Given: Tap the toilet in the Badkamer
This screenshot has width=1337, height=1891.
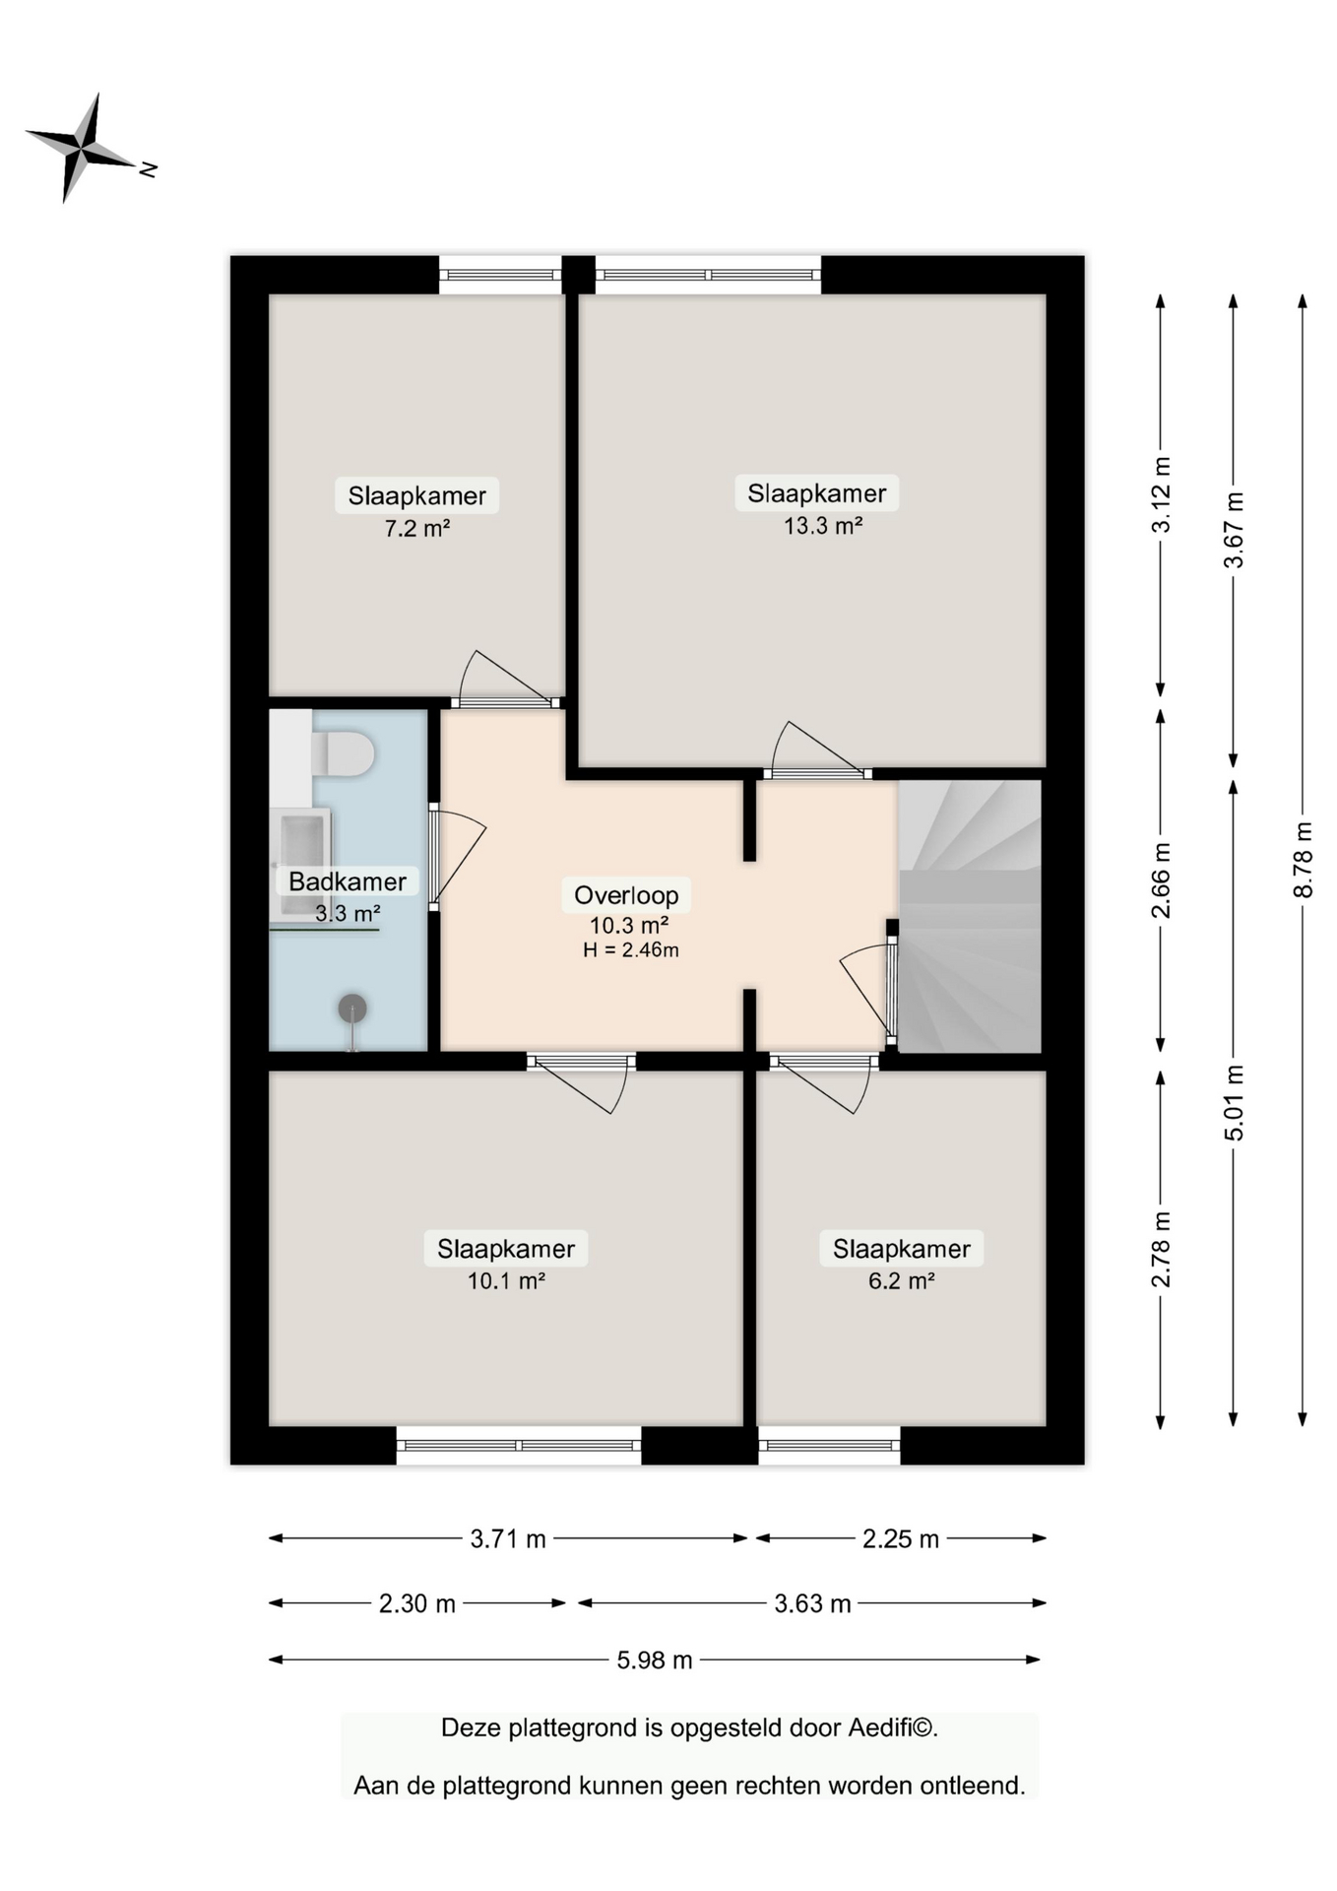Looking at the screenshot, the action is tap(343, 754).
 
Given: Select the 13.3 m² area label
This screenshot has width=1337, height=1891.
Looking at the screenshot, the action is tap(823, 526).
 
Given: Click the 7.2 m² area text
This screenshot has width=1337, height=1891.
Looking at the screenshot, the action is tap(416, 529).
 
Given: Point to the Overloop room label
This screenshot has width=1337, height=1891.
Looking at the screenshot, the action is tap(626, 895).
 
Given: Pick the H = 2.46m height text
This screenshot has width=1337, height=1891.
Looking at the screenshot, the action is tap(631, 950).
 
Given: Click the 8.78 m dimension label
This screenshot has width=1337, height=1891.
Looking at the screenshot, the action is tap(1303, 860).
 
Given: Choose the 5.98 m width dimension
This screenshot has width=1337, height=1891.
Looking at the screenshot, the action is tap(655, 1661).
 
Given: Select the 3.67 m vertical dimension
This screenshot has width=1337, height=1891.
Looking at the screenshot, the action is tap(1233, 530).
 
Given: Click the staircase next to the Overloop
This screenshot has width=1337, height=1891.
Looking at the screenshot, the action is tap(970, 916).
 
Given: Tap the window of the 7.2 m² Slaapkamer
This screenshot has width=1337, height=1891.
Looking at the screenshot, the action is tap(500, 275).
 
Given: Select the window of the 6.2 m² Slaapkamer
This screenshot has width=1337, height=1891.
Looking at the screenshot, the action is tap(829, 1446).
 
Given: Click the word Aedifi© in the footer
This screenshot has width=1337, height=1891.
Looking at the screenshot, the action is tap(893, 1728).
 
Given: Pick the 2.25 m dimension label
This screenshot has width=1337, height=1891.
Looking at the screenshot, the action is tap(901, 1539).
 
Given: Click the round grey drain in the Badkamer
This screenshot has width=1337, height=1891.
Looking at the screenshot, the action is tap(352, 1009).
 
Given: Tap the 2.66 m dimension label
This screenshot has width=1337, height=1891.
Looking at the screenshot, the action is tap(1161, 880).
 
